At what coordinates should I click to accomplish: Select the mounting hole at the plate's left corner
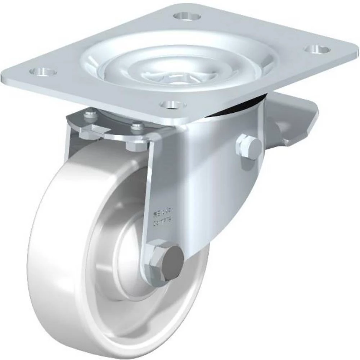[43, 71]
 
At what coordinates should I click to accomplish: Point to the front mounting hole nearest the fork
[173, 105]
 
